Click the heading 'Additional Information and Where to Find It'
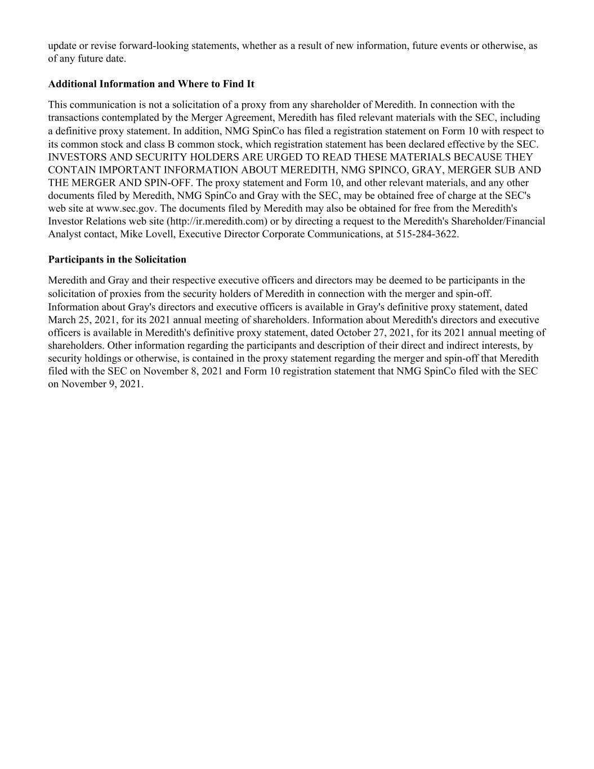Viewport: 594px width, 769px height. (151, 84)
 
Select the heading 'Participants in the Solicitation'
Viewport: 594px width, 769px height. (117, 260)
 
